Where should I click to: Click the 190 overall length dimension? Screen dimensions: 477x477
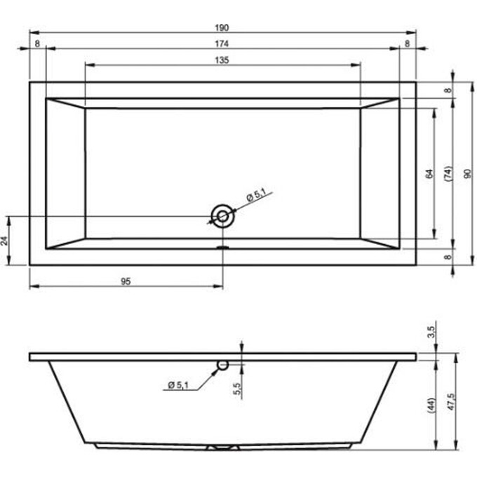[x=222, y=27]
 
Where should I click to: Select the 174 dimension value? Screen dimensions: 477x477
[x=222, y=43]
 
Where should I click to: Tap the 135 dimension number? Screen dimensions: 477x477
[x=222, y=60]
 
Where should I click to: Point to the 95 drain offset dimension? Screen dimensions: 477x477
[x=126, y=281]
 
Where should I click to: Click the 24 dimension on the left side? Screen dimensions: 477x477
[x=4, y=241]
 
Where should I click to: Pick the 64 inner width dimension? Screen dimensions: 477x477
[x=429, y=174]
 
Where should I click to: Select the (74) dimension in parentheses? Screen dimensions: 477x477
[x=448, y=174]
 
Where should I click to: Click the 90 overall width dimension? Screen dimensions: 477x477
[x=468, y=174]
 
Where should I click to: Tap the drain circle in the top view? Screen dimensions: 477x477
[x=222, y=216]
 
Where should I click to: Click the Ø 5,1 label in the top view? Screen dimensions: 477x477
[x=256, y=195]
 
